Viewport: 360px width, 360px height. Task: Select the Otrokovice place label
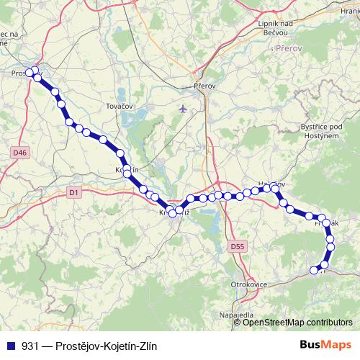248,285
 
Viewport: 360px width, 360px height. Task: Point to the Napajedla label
236,315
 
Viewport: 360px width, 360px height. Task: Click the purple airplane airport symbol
181,109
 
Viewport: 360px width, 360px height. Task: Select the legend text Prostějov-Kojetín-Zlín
109,345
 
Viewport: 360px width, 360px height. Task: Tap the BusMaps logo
325,344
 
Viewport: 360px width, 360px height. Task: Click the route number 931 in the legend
29,345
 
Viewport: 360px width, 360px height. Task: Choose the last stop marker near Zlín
313,271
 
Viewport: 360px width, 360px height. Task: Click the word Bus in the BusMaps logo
312,344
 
